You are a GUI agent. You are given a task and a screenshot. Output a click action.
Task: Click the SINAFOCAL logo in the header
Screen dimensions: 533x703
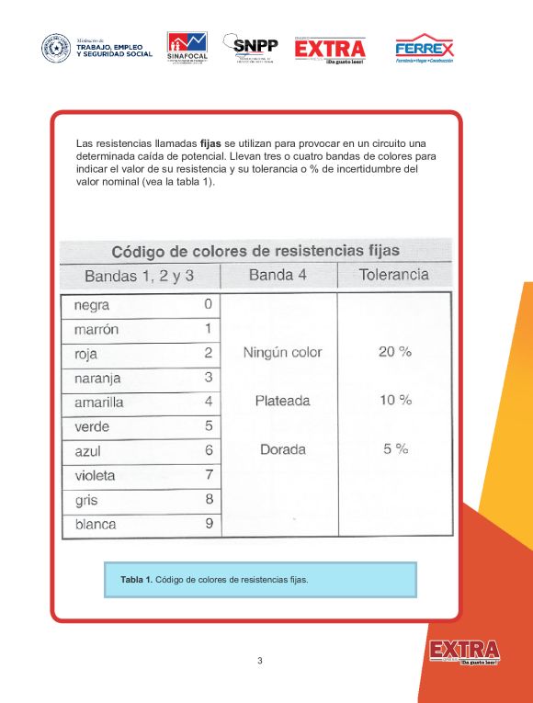tap(187, 48)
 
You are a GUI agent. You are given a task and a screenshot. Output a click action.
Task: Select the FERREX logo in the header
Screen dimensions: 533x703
tap(424, 49)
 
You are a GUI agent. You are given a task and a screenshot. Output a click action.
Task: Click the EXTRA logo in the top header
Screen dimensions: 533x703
tap(330, 50)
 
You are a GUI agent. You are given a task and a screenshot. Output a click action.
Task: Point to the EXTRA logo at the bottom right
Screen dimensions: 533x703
tap(464, 652)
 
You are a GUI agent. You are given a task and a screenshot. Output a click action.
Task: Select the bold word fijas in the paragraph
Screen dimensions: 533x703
tap(210, 144)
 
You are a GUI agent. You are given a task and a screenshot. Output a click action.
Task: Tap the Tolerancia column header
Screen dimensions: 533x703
tap(393, 275)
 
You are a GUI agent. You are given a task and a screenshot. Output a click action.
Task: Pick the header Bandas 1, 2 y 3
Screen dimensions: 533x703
tap(139, 277)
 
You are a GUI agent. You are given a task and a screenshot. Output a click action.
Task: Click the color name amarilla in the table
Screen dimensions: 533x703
tap(98, 403)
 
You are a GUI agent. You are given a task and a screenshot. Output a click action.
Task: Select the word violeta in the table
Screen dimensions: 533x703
tap(95, 475)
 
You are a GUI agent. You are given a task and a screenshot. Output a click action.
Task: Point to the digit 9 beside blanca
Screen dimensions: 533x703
tap(209, 524)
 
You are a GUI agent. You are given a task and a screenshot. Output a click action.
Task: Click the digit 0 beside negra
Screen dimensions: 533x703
tap(208, 304)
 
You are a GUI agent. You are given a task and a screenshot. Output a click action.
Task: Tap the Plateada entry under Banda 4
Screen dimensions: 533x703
tap(282, 401)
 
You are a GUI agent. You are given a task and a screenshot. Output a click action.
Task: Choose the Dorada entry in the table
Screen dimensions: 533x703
tap(283, 450)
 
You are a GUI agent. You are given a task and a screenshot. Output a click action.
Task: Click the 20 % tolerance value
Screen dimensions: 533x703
tap(395, 352)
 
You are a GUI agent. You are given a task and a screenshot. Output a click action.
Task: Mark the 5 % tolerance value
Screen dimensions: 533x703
tap(395, 449)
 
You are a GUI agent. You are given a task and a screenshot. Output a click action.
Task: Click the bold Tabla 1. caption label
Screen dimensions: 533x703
tap(136, 580)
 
